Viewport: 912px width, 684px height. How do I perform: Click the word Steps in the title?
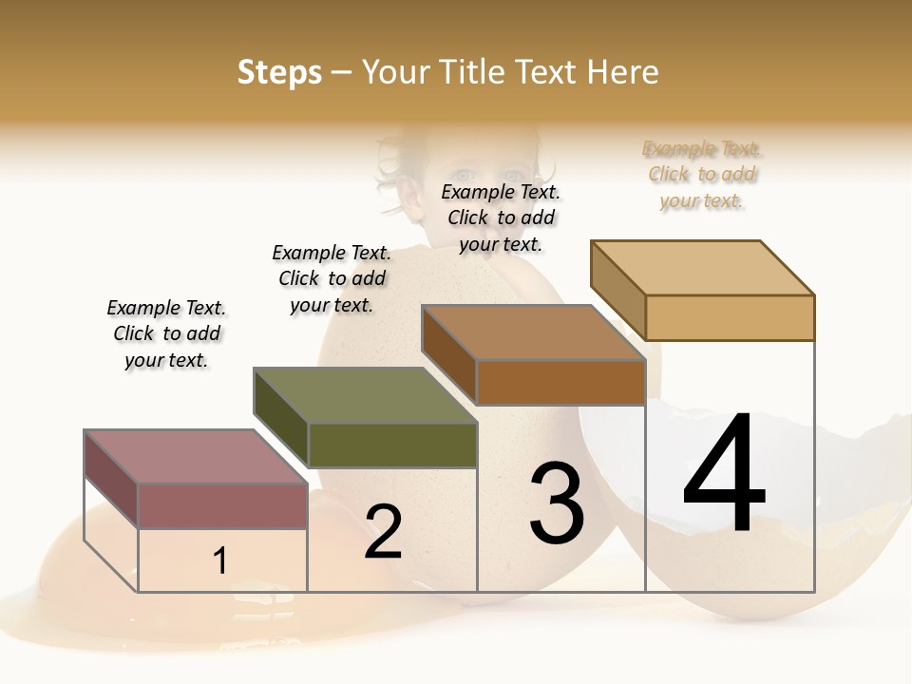[279, 72]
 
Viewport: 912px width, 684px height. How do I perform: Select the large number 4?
[724, 475]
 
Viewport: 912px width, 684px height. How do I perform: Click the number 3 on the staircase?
[557, 503]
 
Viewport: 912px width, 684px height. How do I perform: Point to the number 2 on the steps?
[384, 532]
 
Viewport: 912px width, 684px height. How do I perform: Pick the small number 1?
[220, 560]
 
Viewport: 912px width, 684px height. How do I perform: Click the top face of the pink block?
[196, 457]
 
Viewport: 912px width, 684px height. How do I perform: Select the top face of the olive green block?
[365, 395]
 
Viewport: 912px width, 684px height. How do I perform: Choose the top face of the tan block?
[703, 268]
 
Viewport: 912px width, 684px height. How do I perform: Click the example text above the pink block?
[167, 333]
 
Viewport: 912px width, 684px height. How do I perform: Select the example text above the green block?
[332, 278]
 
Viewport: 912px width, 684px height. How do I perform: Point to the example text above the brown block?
[501, 218]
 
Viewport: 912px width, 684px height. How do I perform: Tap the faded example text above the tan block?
[702, 175]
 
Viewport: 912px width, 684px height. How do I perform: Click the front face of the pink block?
[222, 505]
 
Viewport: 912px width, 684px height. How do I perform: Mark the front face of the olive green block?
[392, 445]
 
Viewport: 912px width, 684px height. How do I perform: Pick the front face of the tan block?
[730, 317]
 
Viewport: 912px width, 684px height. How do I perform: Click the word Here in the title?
[622, 72]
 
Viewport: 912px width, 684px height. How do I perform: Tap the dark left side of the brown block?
[448, 353]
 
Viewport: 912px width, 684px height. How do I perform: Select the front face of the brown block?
[560, 382]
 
